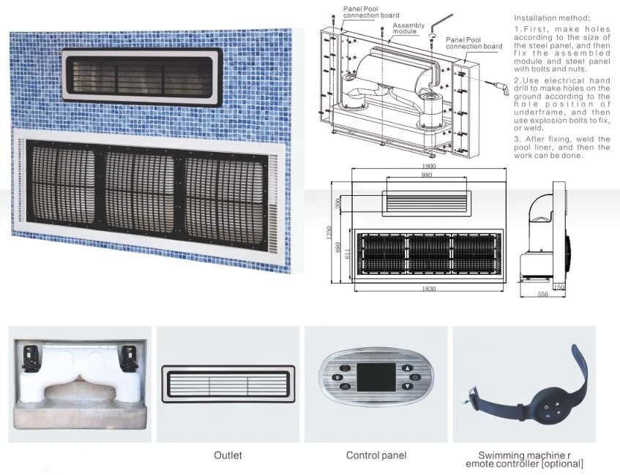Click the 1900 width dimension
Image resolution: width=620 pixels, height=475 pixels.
(x=429, y=166)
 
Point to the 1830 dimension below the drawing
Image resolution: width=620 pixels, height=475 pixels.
(x=429, y=289)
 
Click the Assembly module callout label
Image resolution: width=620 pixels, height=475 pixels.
(x=408, y=29)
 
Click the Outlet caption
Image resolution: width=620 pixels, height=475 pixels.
(x=228, y=455)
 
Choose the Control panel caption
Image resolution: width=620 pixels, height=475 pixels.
(x=376, y=455)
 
